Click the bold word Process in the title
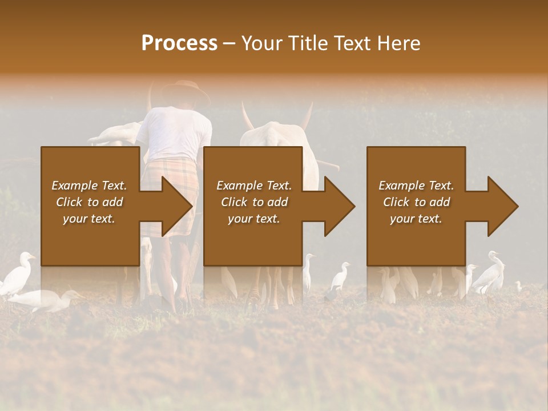[179, 43]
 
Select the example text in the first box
[89, 202]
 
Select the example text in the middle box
[253, 202]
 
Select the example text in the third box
[416, 202]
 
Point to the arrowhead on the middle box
[339, 206]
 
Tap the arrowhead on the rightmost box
[502, 206]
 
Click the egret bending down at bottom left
[46, 300]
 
